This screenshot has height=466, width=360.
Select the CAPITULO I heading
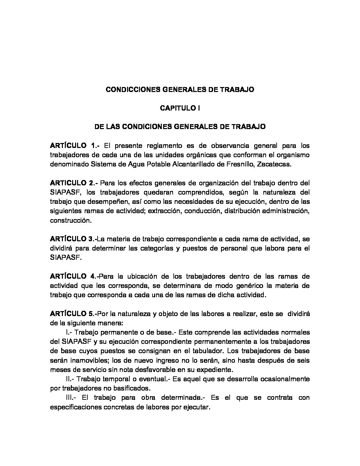click(x=180, y=108)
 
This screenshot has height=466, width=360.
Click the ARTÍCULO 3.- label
click(x=73, y=239)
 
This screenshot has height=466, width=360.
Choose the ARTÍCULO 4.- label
click(x=74, y=276)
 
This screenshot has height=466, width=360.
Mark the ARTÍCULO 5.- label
click(x=73, y=313)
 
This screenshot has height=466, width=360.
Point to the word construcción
click(x=70, y=220)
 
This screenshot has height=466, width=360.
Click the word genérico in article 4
click(x=244, y=285)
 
